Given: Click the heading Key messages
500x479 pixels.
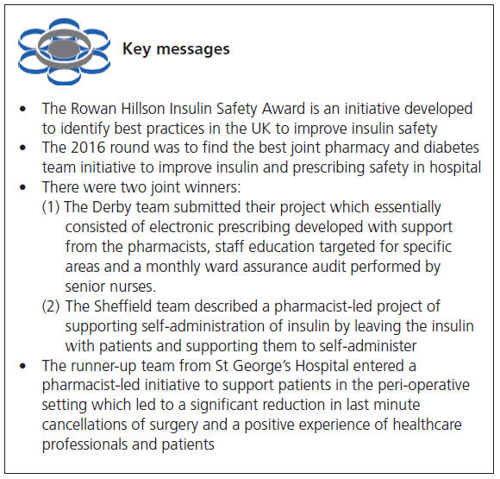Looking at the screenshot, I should click(176, 48).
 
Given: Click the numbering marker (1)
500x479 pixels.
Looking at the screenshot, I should click(52, 207).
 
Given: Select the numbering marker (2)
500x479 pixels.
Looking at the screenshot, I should click(52, 306).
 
